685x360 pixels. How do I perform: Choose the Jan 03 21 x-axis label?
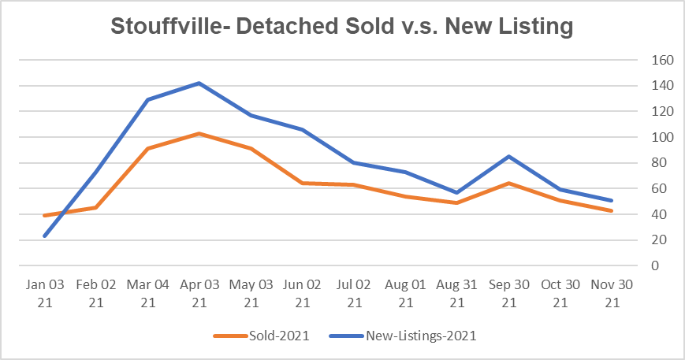(45, 294)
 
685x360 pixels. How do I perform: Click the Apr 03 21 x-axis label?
(199, 294)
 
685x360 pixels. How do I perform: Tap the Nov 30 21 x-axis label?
(612, 294)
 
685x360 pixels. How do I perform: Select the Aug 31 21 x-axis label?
(457, 294)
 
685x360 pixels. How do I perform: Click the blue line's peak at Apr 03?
(199, 83)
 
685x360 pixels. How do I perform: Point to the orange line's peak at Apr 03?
(199, 133)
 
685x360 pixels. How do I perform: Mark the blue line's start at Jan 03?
(45, 236)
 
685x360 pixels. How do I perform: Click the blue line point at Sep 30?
(509, 156)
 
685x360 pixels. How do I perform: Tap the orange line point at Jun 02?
(303, 183)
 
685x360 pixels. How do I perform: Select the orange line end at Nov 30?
(612, 210)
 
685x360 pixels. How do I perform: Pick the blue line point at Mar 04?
(148, 100)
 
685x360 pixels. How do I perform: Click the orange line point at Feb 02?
(96, 208)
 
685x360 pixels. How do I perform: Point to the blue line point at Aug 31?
(457, 192)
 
